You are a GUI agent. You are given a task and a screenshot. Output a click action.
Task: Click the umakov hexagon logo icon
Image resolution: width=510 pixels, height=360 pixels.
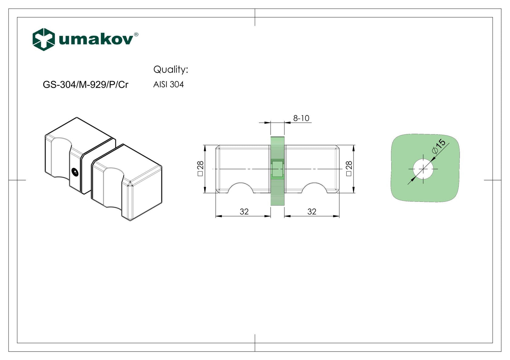click(x=44, y=39)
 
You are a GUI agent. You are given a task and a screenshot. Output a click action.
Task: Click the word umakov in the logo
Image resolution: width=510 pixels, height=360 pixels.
click(x=96, y=39)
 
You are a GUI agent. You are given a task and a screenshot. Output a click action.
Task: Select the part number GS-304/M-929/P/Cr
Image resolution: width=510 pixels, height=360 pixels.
click(x=86, y=85)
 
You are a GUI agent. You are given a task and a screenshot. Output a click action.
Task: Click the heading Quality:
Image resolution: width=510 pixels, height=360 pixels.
click(x=171, y=69)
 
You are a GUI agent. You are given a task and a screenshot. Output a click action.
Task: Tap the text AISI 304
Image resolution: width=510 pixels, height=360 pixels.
click(x=168, y=84)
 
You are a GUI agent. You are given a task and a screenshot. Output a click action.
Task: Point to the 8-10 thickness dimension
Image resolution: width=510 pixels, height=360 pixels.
click(x=301, y=118)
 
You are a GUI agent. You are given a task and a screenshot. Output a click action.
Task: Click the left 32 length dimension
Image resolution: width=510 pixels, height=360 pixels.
click(x=244, y=211)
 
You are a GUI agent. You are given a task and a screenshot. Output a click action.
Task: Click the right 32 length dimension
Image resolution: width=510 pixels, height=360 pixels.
click(x=312, y=211)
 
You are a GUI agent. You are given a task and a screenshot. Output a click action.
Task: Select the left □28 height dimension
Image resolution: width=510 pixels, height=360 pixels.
click(x=200, y=169)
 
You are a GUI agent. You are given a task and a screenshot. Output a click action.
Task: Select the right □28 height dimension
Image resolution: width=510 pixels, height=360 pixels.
click(x=349, y=169)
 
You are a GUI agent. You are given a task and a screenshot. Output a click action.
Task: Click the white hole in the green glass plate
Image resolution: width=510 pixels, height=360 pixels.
click(x=423, y=169)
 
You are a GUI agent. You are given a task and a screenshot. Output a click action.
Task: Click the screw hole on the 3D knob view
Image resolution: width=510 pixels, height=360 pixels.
click(x=75, y=172)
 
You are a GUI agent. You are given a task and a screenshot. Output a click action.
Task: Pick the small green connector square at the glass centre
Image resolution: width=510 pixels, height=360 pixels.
click(x=277, y=169)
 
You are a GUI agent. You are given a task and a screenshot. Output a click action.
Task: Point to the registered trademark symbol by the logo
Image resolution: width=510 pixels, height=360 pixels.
click(x=136, y=34)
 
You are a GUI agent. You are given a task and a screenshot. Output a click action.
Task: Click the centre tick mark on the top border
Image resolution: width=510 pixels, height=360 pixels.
click(x=255, y=17)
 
